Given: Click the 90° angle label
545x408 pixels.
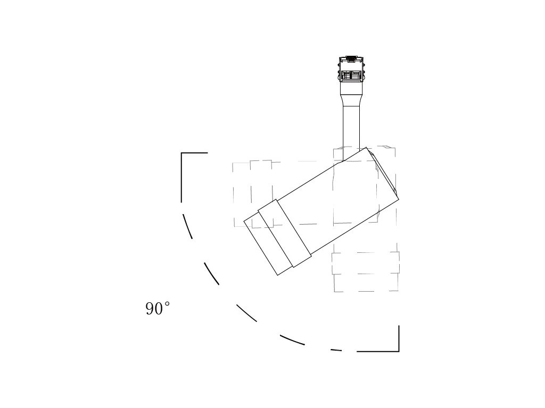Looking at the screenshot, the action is tap(158, 308).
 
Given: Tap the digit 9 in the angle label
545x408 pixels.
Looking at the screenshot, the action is tap(150, 309).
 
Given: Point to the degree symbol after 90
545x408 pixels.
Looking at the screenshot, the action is tap(167, 304).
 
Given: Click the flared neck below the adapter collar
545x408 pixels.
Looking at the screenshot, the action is tap(351, 100).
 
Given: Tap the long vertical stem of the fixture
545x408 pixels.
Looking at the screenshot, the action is tap(351, 132).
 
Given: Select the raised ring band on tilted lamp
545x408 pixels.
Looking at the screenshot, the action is tap(284, 233).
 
